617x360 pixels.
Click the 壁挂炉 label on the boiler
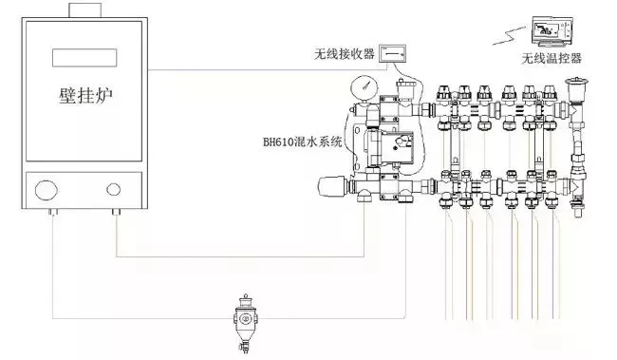pyautogui.click(x=85, y=96)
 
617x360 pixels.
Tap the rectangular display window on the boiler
pyautogui.click(x=84, y=58)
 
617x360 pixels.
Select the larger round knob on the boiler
pyautogui.click(x=47, y=190)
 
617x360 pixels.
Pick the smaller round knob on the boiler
pyautogui.click(x=113, y=189)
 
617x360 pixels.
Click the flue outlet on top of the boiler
pyautogui.click(x=85, y=10)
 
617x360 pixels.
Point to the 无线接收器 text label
pyautogui.click(x=345, y=53)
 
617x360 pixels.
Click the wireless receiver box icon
pyautogui.click(x=392, y=53)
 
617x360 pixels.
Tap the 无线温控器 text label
pyautogui.click(x=552, y=58)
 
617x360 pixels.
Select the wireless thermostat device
pyautogui.click(x=552, y=30)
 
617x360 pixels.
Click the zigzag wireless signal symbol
pyautogui.click(x=510, y=35)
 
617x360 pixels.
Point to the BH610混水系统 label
pyautogui.click(x=302, y=142)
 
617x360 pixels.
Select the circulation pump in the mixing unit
pyautogui.click(x=390, y=145)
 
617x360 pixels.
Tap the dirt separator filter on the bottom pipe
pyautogui.click(x=245, y=322)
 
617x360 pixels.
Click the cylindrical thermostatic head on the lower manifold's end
pyautogui.click(x=332, y=186)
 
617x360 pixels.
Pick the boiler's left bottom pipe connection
pyautogui.click(x=53, y=212)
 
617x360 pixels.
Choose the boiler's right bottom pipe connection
pyautogui.click(x=116, y=212)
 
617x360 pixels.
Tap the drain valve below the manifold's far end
pyautogui.click(x=577, y=208)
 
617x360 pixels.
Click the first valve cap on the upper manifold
pyautogui.click(x=444, y=93)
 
